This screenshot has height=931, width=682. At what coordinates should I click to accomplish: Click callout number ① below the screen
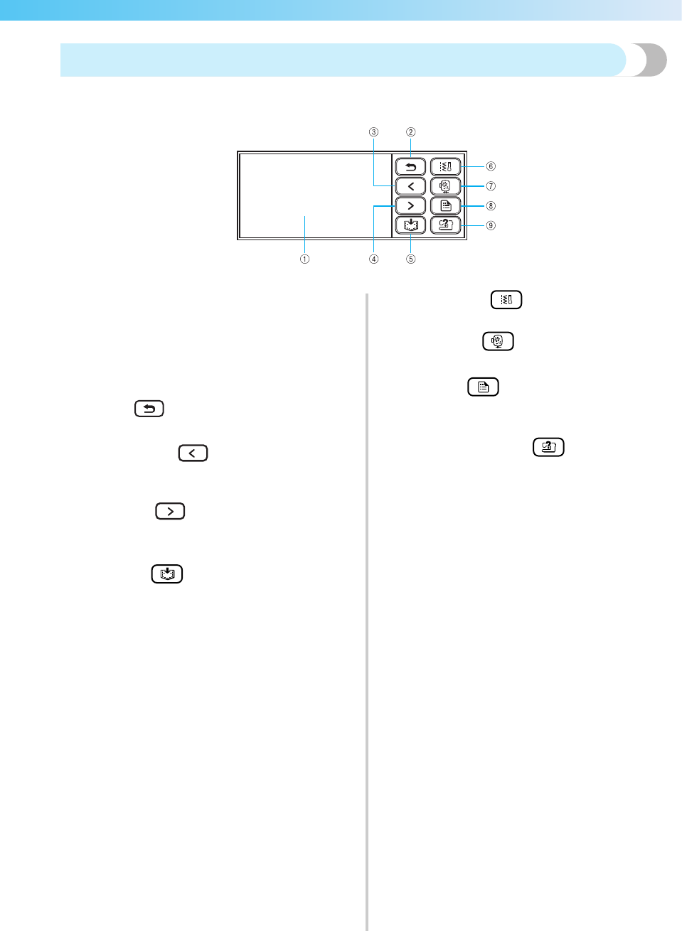point(304,259)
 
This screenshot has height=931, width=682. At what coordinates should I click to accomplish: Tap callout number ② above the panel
point(410,132)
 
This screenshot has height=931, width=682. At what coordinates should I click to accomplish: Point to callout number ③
point(373,132)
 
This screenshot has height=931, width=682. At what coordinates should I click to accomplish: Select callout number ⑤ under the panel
point(410,259)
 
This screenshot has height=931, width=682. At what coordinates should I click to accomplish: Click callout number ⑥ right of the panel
point(491,166)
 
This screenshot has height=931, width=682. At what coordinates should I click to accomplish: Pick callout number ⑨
point(491,226)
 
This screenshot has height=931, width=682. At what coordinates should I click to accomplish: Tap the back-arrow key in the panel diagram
point(410,167)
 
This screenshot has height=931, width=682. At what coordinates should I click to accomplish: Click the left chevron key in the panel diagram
point(410,186)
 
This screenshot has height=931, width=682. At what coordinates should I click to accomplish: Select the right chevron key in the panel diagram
point(410,206)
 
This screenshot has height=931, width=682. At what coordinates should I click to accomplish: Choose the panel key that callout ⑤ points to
point(410,225)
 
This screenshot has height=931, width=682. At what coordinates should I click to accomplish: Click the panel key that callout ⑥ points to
point(446,167)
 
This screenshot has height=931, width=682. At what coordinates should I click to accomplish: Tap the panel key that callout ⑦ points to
point(446,186)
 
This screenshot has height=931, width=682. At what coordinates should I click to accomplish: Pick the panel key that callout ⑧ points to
point(446,206)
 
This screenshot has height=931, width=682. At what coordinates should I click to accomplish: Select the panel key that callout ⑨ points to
point(446,225)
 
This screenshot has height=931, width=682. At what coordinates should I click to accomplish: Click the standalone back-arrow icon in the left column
point(149,409)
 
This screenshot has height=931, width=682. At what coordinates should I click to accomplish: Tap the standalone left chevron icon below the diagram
point(193,453)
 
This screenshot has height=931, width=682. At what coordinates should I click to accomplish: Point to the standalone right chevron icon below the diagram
point(170,512)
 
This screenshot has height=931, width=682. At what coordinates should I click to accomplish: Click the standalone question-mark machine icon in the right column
point(548,447)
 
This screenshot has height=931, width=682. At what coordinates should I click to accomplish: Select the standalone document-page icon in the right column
point(483,387)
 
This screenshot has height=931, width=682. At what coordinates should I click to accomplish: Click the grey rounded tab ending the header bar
point(649,60)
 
